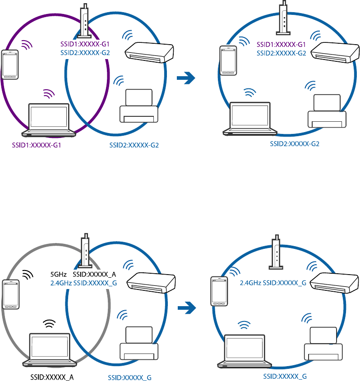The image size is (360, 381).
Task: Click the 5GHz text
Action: click(59, 274)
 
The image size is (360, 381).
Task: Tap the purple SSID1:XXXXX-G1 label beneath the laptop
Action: click(37, 146)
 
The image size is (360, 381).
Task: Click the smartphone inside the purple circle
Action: click(10, 64)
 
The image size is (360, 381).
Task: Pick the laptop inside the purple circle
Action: click(49, 120)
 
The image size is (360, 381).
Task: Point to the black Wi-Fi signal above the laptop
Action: click(49, 324)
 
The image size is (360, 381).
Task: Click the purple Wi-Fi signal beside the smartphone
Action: click(28, 45)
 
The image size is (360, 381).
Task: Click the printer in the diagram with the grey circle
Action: click(139, 342)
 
